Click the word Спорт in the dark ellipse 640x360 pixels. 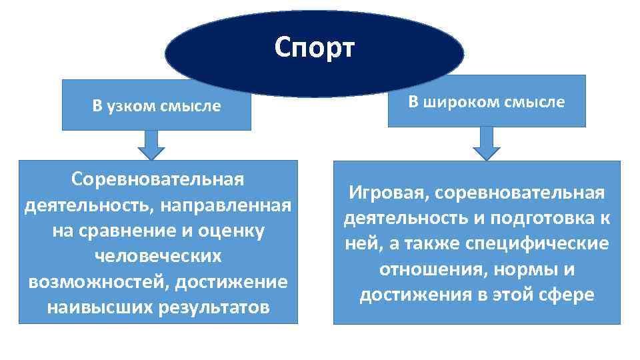click(x=315, y=47)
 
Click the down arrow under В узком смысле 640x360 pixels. click(x=151, y=144)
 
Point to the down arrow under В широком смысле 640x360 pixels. click(x=486, y=143)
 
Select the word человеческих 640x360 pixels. click(x=157, y=256)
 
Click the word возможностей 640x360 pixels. click(x=98, y=281)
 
